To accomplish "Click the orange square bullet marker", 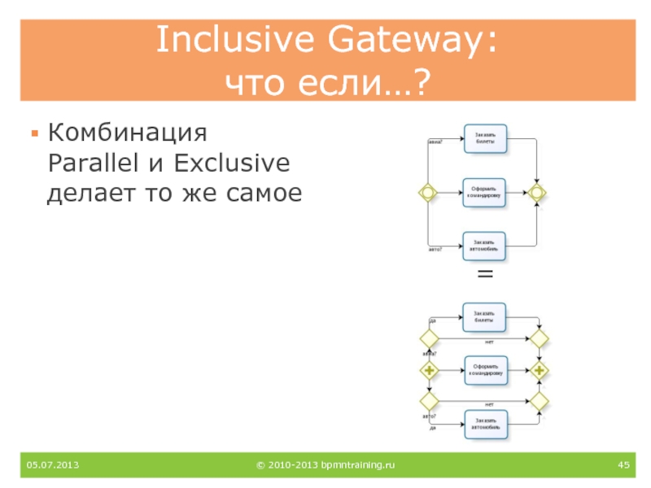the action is click(34, 133).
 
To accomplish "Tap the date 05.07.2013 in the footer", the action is click(52, 464).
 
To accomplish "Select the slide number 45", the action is click(624, 464).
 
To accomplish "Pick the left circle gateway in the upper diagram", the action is click(427, 192).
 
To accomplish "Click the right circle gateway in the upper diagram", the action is click(536, 192).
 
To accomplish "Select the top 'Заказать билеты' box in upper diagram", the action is click(485, 138).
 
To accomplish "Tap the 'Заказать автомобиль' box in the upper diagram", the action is click(485, 244).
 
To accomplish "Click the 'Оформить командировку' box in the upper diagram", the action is click(485, 191).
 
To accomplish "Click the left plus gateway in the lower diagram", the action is click(427, 371).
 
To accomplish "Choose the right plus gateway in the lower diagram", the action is click(538, 371).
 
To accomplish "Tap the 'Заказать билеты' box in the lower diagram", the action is click(485, 317).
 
